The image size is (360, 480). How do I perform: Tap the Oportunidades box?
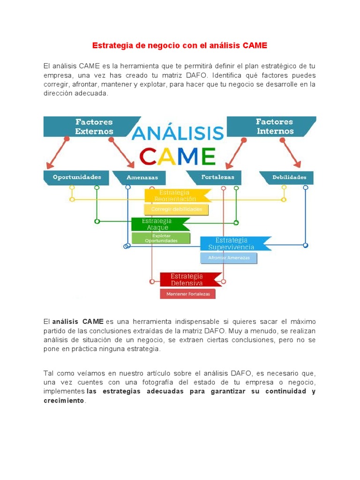pyautogui.click(x=77, y=178)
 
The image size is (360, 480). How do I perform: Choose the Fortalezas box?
pyautogui.click(x=214, y=178)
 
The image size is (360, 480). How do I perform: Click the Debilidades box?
pyautogui.click(x=289, y=178)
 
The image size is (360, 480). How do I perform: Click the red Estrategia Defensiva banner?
pyautogui.click(x=187, y=279)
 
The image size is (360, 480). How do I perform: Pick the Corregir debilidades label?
pyautogui.click(x=176, y=209)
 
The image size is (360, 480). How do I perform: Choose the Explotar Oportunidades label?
pyautogui.click(x=161, y=238)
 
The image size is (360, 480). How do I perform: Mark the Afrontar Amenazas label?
pyautogui.click(x=229, y=258)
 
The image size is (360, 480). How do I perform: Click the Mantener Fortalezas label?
pyautogui.click(x=187, y=294)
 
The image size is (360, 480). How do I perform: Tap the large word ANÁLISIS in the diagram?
pyautogui.click(x=178, y=133)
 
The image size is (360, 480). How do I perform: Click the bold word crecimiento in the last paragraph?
pyautogui.click(x=64, y=401)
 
